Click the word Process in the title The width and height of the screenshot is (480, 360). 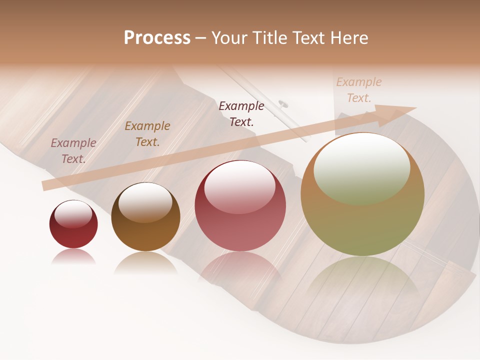(x=157, y=38)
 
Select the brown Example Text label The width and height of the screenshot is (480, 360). (x=147, y=134)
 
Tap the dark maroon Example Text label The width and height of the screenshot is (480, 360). (x=241, y=113)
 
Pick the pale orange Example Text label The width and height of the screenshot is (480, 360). (x=359, y=90)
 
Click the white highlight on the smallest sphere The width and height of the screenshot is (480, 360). (x=73, y=214)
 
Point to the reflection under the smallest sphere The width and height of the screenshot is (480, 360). (x=73, y=257)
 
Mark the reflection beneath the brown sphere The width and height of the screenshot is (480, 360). (x=145, y=262)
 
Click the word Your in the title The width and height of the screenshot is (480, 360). (x=228, y=38)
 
